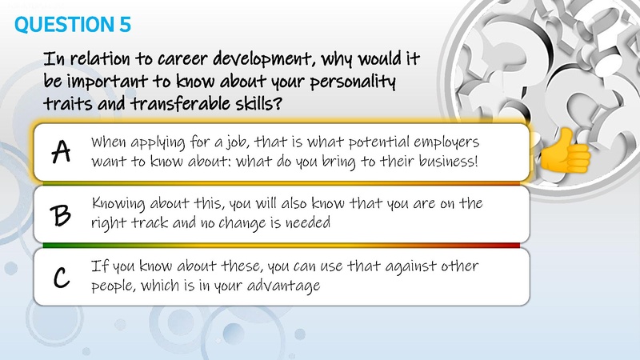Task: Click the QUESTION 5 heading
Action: click(x=73, y=24)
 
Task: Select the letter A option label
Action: click(x=60, y=152)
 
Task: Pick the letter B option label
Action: click(x=61, y=214)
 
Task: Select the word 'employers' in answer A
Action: click(x=445, y=142)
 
